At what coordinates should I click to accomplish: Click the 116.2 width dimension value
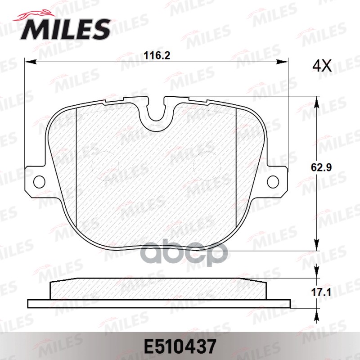pos(157,55)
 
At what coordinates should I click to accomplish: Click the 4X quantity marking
pos(322,66)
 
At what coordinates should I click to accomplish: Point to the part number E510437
pos(180,346)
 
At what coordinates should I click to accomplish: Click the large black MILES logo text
pos(66,29)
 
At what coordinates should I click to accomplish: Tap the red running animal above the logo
pos(35,16)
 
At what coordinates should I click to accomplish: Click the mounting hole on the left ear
pos(39,182)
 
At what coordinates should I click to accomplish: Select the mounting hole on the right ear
pos(273,181)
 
